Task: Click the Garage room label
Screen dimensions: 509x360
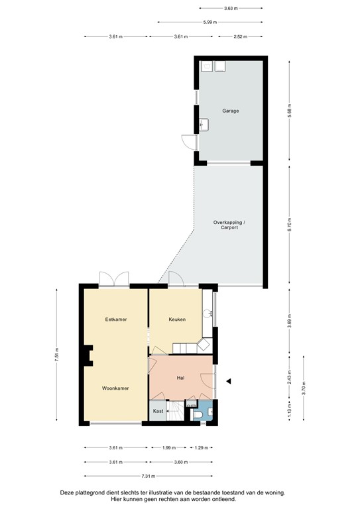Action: pyautogui.click(x=230, y=111)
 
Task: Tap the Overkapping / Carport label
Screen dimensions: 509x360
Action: pyautogui.click(x=229, y=224)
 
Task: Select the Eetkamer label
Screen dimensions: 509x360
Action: pyautogui.click(x=115, y=319)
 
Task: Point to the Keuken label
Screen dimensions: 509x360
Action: pyautogui.click(x=176, y=319)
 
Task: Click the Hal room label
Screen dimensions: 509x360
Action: pyautogui.click(x=180, y=377)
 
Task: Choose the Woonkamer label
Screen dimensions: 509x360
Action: pyautogui.click(x=115, y=387)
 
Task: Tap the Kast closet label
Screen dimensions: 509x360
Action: pyautogui.click(x=158, y=411)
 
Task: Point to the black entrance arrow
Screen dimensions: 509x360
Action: pyautogui.click(x=229, y=381)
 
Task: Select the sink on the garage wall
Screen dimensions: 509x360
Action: pyautogui.click(x=204, y=124)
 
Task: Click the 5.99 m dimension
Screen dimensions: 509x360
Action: pyautogui.click(x=210, y=22)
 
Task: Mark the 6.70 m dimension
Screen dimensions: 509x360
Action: pyautogui.click(x=290, y=225)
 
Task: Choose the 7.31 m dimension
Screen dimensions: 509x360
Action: pyautogui.click(x=148, y=476)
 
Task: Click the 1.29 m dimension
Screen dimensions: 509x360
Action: pyautogui.click(x=200, y=447)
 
